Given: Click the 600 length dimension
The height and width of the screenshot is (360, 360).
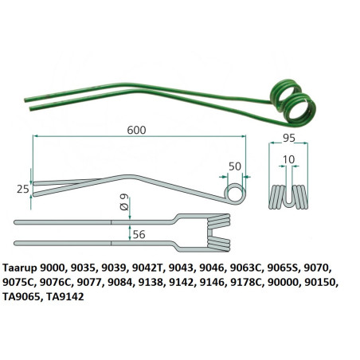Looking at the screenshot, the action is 136,130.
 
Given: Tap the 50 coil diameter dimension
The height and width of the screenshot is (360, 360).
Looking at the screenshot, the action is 235,166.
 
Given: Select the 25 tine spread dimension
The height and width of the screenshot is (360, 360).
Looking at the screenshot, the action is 23,189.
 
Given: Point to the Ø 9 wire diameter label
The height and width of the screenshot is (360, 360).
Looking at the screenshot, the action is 124,202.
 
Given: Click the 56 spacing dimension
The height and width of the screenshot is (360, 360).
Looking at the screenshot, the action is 139,234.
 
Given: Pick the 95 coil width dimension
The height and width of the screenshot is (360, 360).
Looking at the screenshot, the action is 289,138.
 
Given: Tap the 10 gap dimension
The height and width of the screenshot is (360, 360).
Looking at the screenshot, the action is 288,159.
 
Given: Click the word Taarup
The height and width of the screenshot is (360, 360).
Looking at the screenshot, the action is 20,268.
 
